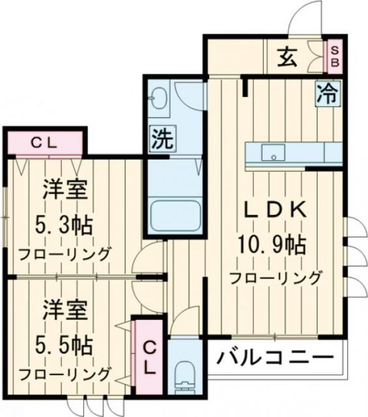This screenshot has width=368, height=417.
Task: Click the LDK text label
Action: coord(275,210)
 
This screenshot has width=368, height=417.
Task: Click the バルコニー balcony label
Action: coord(276,358)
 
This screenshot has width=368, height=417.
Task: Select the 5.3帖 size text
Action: coord(64,225)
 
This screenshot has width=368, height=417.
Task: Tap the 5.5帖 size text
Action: coord(64,343)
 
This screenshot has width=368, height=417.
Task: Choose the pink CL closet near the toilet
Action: coord(149,356)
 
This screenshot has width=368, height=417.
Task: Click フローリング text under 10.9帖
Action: coord(275,278)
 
